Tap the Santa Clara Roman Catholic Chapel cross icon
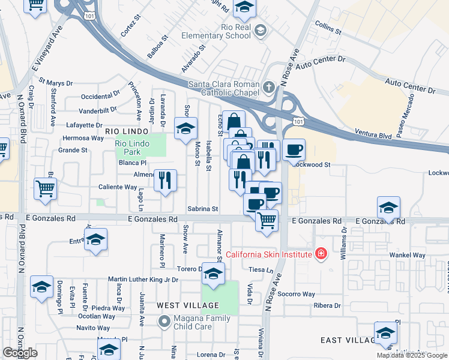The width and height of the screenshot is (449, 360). [268, 88]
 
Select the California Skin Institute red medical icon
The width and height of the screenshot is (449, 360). [321, 254]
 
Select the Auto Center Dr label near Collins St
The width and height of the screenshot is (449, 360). [321, 61]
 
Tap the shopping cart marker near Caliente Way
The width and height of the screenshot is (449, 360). [46, 189]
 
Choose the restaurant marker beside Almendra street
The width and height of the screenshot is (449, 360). [165, 180]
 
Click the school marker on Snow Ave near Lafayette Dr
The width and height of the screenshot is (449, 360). [185, 129]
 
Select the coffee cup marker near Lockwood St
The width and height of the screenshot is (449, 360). [294, 150]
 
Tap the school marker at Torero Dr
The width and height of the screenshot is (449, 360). [212, 274]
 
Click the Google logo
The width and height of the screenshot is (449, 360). [20, 353]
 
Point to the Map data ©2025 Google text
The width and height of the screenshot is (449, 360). [412, 355]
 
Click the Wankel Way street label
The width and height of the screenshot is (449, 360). [407, 255]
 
